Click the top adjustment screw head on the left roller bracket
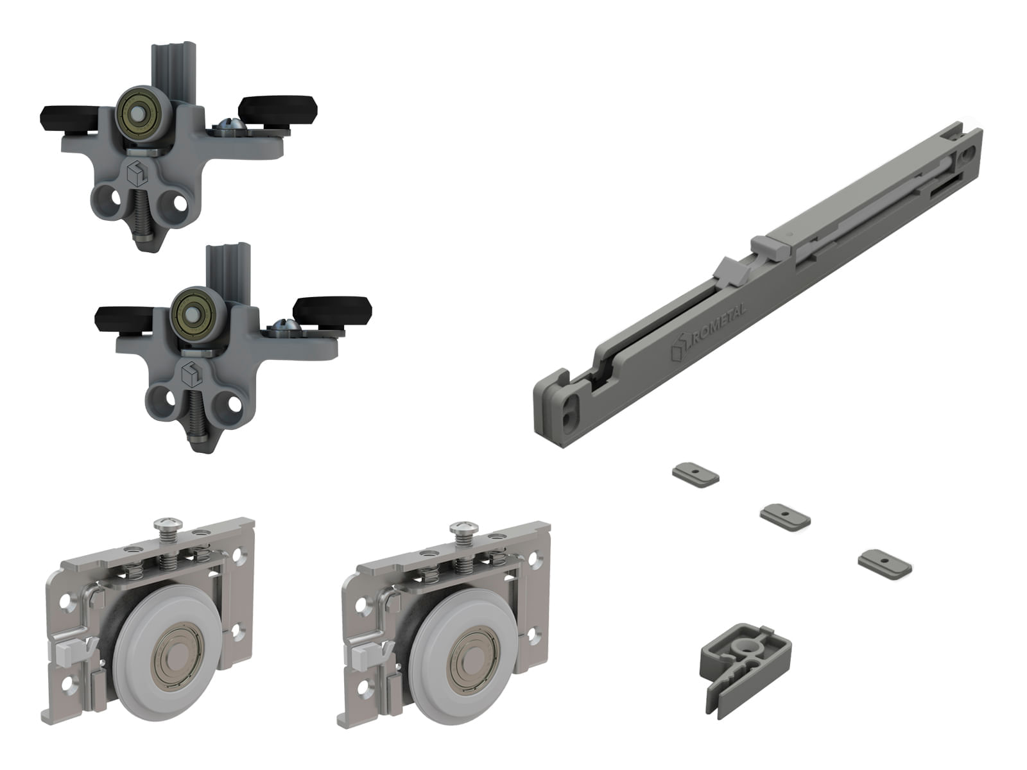tap(168, 524)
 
